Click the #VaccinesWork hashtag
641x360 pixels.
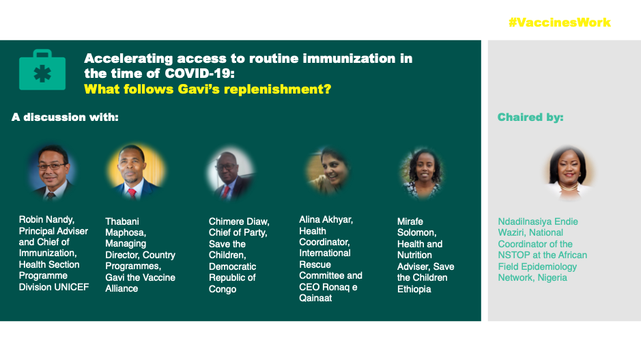pyautogui.click(x=559, y=23)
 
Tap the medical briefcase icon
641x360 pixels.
pyautogui.click(x=42, y=70)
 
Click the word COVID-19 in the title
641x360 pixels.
pyautogui.click(x=199, y=74)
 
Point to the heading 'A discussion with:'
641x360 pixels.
pyautogui.click(x=65, y=117)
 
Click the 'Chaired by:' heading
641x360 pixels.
pyautogui.click(x=530, y=117)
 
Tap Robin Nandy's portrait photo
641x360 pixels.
pyautogui.click(x=52, y=172)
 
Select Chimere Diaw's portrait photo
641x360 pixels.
pyautogui.click(x=231, y=174)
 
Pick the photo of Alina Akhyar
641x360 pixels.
pyautogui.click(x=328, y=171)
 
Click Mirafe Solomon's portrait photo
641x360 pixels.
pyautogui.click(x=423, y=174)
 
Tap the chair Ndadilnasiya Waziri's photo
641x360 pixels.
pyautogui.click(x=569, y=173)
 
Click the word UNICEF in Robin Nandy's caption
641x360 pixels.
pyautogui.click(x=72, y=287)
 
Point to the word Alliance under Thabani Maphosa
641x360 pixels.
pyautogui.click(x=122, y=289)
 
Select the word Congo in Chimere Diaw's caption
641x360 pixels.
pyautogui.click(x=223, y=289)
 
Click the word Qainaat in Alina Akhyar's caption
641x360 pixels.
pyautogui.click(x=315, y=299)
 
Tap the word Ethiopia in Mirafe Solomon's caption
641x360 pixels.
pyautogui.click(x=414, y=289)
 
